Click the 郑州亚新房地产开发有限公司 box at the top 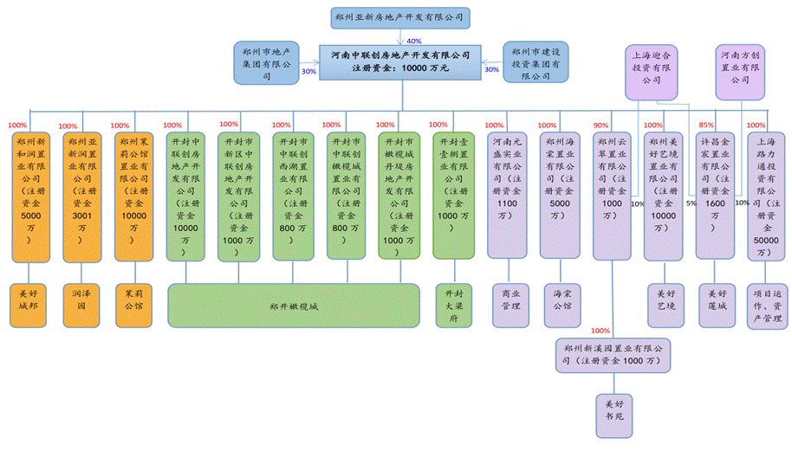point(400,17)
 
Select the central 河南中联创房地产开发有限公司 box point(400,61)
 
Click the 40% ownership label point(414,41)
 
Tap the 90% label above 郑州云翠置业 point(601,126)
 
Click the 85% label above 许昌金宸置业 point(706,126)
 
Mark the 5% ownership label point(691,203)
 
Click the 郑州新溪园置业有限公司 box point(614,354)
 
